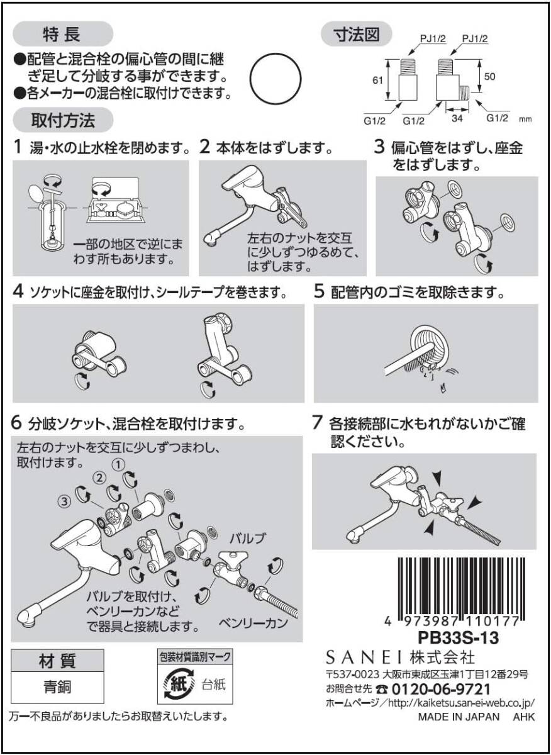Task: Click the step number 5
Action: click(x=319, y=293)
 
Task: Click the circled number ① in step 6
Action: click(x=117, y=464)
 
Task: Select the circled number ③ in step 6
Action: click(x=64, y=501)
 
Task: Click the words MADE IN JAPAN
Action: click(x=459, y=717)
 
